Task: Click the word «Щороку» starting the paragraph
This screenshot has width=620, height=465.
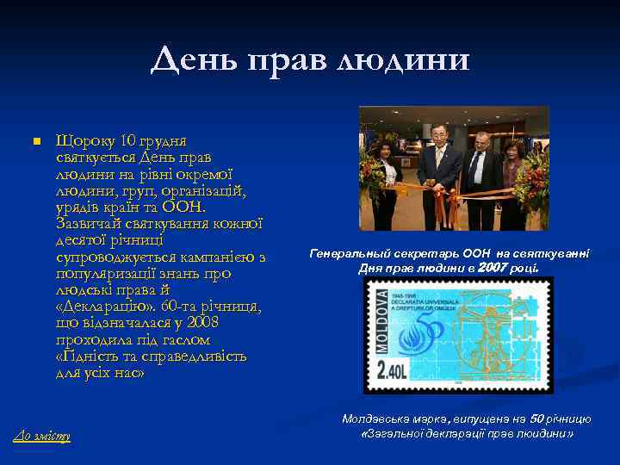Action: tap(85, 140)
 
